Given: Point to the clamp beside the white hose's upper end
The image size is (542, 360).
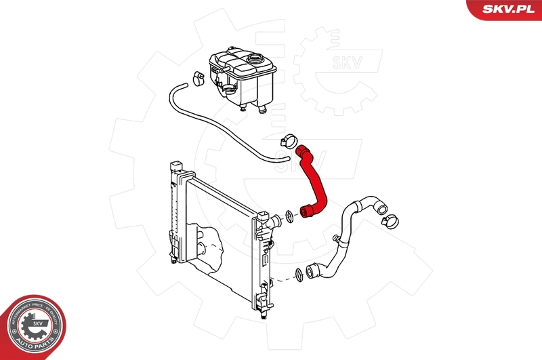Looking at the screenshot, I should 390,218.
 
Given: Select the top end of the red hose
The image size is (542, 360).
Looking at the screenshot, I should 301,151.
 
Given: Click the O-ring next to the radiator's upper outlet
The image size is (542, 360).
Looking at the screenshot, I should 289,216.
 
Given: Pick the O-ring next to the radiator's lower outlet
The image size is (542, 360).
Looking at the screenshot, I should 298,275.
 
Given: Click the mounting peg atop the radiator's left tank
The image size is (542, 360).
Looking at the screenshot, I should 175,165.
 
